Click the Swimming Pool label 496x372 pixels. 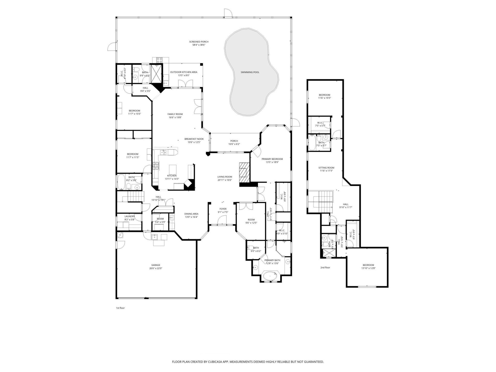[250, 72]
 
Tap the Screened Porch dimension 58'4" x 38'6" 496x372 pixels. [199, 45]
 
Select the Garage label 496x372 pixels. [156, 265]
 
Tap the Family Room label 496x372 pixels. [175, 114]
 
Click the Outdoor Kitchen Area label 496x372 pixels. [183, 72]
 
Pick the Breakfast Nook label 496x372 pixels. [194, 139]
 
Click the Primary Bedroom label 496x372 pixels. [272, 159]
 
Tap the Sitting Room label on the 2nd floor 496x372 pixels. [326, 168]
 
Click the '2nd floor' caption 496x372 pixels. [325, 268]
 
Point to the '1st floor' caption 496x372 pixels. [120, 308]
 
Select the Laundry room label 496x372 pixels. [129, 216]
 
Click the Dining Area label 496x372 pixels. [191, 214]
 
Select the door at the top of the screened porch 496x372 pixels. [228, 13]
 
